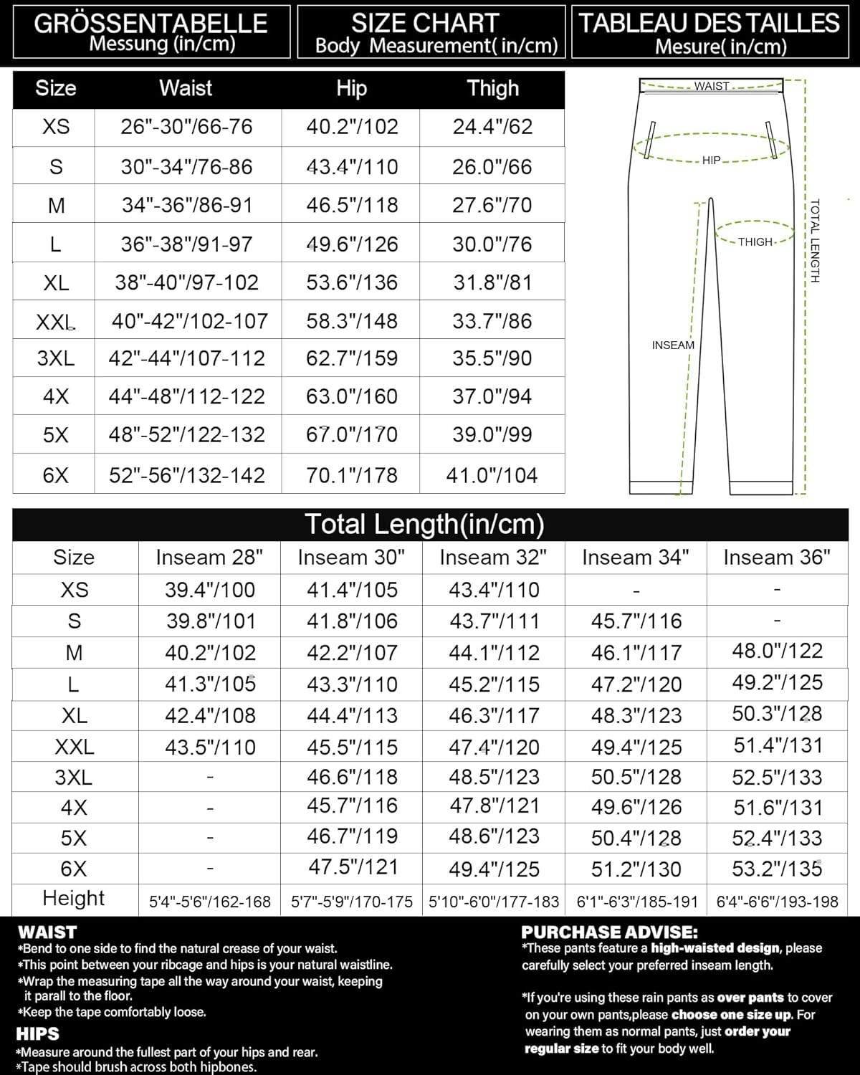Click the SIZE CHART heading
tap(425, 23)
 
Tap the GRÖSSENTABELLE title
tap(150, 23)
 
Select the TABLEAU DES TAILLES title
tap(709, 23)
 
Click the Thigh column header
tap(492, 88)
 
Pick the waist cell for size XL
tap(187, 282)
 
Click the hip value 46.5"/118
tap(352, 205)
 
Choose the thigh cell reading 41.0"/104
tap(492, 475)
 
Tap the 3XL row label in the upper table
tap(56, 358)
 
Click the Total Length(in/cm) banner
tap(424, 524)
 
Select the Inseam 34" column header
tap(635, 557)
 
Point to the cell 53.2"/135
tap(777, 869)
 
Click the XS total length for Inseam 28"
tap(210, 590)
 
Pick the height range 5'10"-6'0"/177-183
tap(494, 902)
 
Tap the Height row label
tap(74, 898)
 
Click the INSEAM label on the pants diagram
tap(673, 345)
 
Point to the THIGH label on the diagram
tap(755, 242)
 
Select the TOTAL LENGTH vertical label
tap(814, 241)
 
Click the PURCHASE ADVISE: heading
tap(609, 932)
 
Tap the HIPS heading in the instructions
tap(38, 1034)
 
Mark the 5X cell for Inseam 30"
tap(352, 837)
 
